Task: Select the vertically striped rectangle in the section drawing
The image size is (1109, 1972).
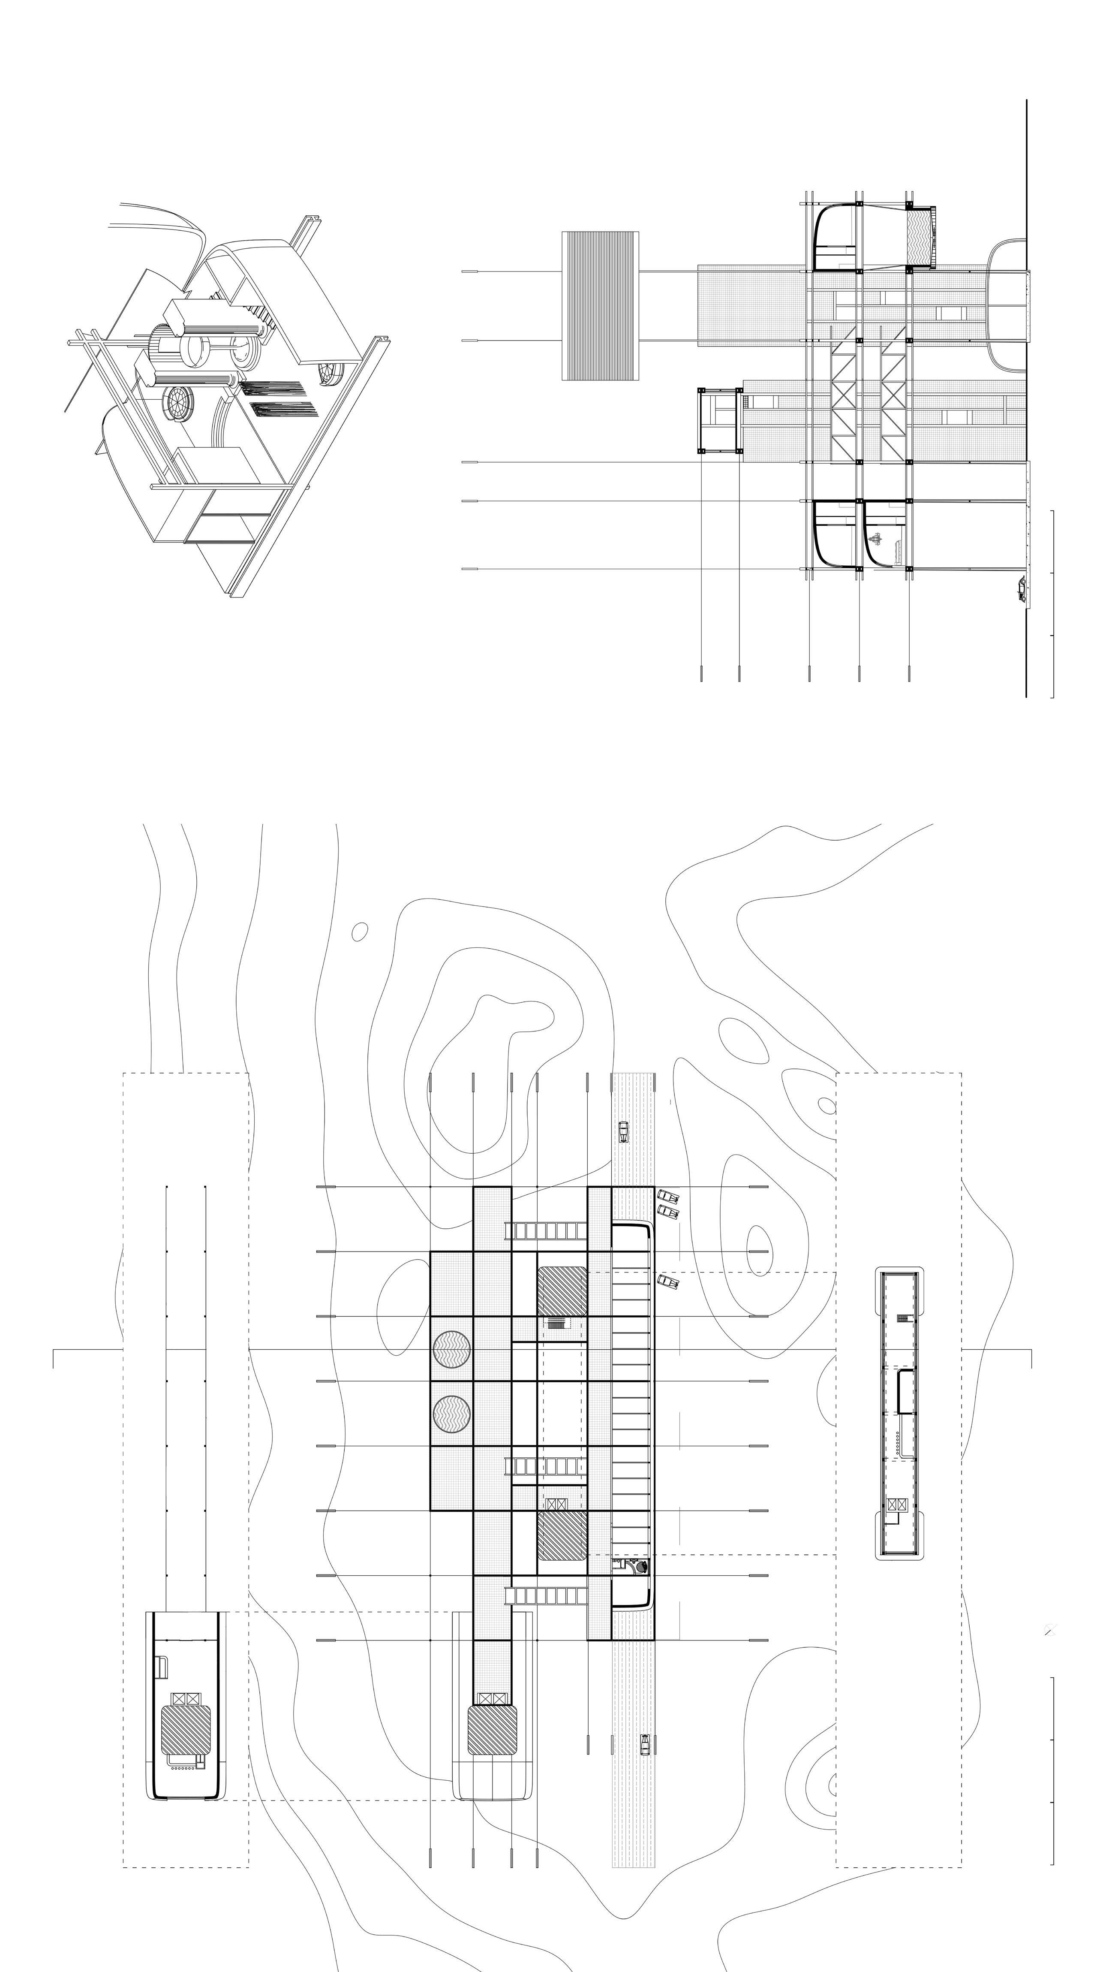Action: pos(601,305)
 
